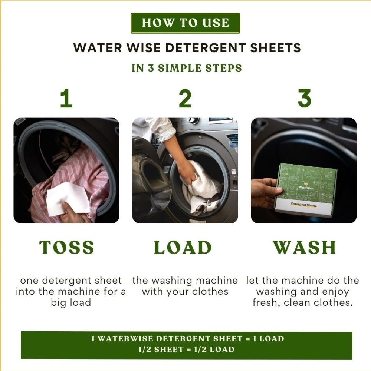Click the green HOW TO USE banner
pyautogui.click(x=185, y=23)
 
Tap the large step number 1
pyautogui.click(x=66, y=98)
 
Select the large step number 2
pyautogui.click(x=185, y=98)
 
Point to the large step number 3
pyautogui.click(x=304, y=98)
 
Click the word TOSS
pyautogui.click(x=66, y=247)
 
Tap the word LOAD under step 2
pyautogui.click(x=183, y=247)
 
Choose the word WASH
pyautogui.click(x=305, y=247)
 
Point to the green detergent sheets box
pyautogui.click(x=307, y=190)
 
